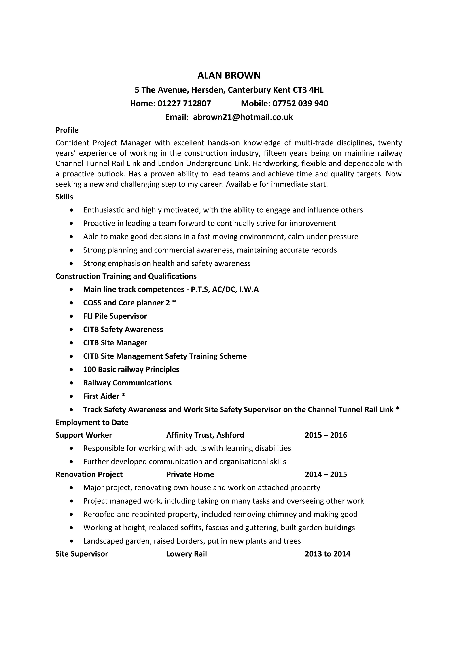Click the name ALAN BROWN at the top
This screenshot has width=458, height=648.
pyautogui.click(x=229, y=76)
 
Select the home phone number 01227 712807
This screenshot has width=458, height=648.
pyautogui.click(x=184, y=104)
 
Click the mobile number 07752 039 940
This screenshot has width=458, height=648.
pyautogui.click(x=300, y=104)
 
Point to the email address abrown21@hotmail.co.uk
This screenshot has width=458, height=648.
pyautogui.click(x=243, y=117)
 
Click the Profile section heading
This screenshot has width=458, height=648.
pyautogui.click(x=67, y=130)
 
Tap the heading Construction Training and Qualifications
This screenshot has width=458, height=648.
pyautogui.click(x=126, y=276)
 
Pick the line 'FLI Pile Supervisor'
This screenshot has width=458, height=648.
pyautogui.click(x=115, y=316)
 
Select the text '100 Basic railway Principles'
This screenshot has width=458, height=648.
pyautogui.click(x=131, y=369)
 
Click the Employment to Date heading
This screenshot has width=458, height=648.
pyautogui.click(x=92, y=422)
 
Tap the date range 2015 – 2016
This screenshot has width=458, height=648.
pyautogui.click(x=326, y=435)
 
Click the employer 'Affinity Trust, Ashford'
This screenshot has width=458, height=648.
pyautogui.click(x=205, y=435)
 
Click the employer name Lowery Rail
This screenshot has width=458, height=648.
pyautogui.click(x=187, y=554)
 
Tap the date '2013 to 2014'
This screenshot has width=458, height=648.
pyautogui.click(x=327, y=554)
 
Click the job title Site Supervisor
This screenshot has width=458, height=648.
pyautogui.click(x=82, y=554)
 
